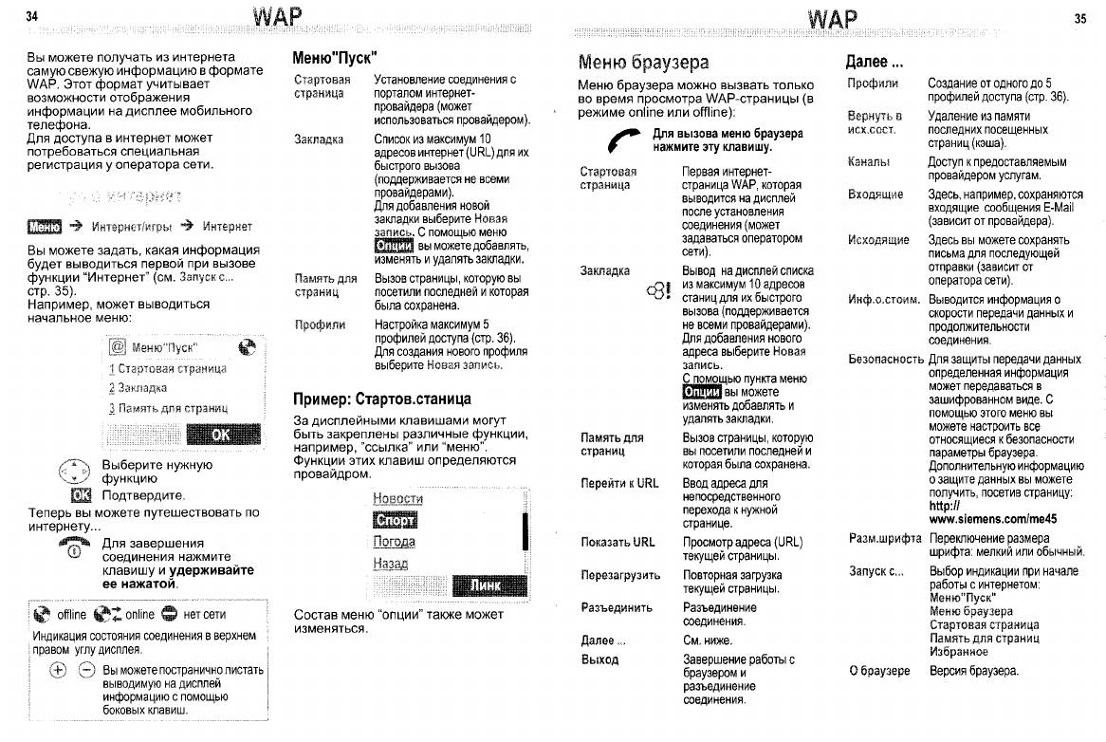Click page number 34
[31, 17]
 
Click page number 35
[1079, 17]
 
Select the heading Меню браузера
[643, 63]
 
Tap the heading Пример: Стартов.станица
[382, 399]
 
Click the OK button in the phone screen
[221, 435]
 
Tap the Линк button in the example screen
[486, 585]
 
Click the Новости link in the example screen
[398, 498]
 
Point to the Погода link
[395, 542]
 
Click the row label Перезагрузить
[620, 575]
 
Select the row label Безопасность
[886, 360]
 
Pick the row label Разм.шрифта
[885, 538]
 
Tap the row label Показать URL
[618, 542]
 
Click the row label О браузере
[879, 671]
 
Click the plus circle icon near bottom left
[58, 670]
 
